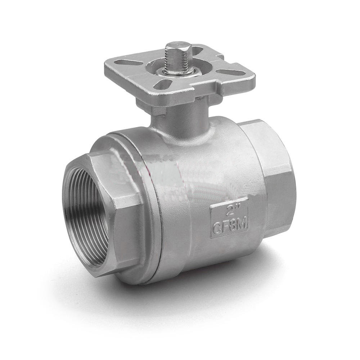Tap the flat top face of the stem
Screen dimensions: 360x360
point(178,46)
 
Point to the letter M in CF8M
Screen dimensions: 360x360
point(242,225)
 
